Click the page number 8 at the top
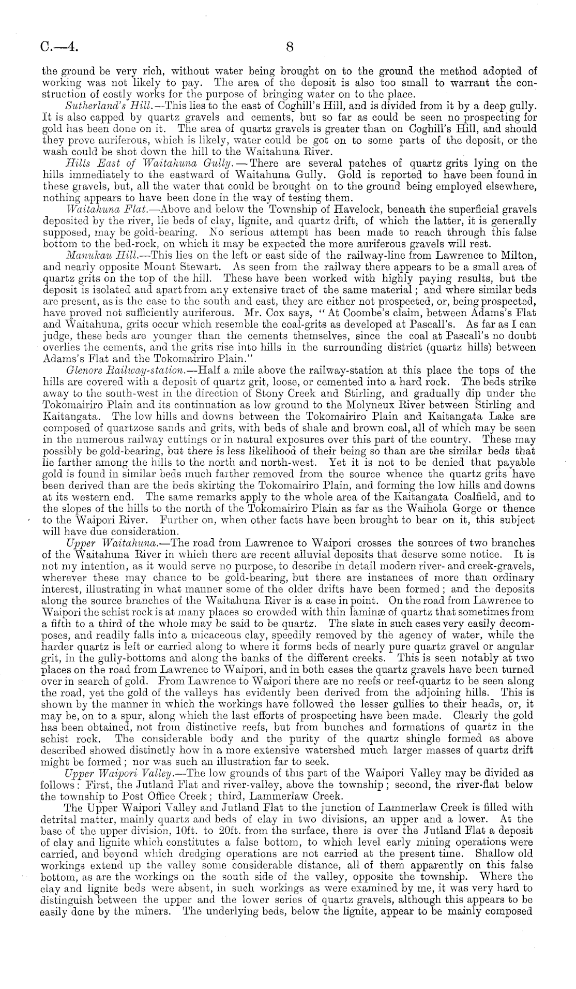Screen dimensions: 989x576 [x=290, y=47]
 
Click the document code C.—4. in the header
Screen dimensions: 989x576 [x=59, y=47]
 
